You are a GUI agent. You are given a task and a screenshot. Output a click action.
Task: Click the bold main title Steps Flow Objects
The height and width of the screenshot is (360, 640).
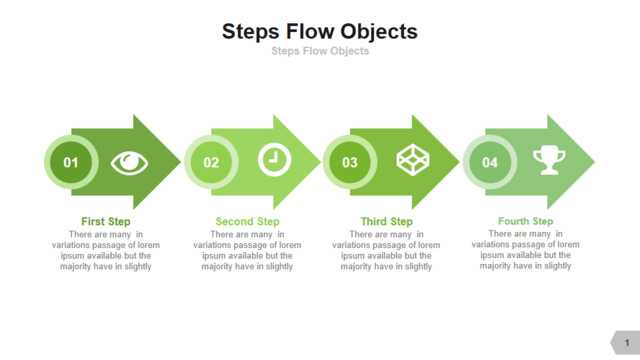click(x=320, y=32)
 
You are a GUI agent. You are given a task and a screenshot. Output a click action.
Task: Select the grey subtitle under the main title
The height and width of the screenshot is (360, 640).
click(x=320, y=51)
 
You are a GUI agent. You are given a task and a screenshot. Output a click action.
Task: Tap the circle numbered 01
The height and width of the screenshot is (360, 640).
click(x=71, y=162)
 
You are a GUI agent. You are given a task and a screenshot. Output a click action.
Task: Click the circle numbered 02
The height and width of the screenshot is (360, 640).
click(x=211, y=162)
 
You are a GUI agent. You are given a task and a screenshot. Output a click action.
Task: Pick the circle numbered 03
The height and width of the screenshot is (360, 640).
click(x=350, y=162)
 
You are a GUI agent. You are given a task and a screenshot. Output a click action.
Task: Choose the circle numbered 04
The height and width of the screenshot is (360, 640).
click(x=490, y=162)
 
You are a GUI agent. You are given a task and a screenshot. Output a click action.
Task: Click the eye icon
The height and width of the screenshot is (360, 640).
click(x=129, y=163)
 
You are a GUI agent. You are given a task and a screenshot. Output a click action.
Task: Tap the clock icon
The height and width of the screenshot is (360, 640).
click(x=274, y=160)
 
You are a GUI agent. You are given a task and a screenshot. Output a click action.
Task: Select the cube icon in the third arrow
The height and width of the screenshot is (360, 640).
click(x=413, y=160)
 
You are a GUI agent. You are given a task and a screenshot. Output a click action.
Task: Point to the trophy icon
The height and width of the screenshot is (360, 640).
click(x=549, y=160)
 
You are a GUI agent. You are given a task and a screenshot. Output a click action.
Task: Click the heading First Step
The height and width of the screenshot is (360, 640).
click(x=106, y=222)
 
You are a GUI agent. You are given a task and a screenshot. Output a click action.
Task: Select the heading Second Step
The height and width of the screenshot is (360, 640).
click(x=247, y=222)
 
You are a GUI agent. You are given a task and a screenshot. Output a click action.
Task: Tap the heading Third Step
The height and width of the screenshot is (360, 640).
click(x=387, y=222)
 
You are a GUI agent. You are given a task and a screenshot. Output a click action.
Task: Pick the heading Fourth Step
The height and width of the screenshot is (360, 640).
click(x=525, y=221)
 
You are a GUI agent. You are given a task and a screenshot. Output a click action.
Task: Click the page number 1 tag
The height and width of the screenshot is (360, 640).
click(x=626, y=342)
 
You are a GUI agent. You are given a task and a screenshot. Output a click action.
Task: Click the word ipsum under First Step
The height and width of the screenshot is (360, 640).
click(x=72, y=256)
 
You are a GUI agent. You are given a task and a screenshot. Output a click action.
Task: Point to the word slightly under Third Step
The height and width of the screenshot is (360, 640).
click(x=418, y=267)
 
